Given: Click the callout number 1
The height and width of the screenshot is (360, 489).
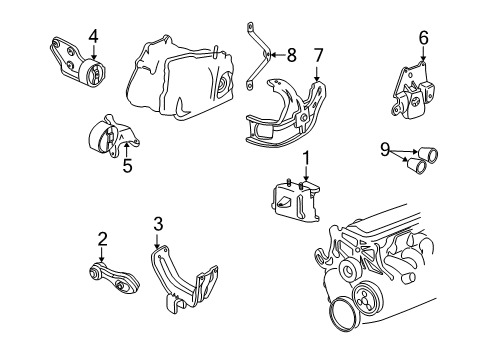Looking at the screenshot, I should coord(307,156).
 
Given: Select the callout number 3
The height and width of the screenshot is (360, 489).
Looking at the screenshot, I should coord(158,223).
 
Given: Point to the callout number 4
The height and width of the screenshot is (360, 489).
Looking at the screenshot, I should coord(92,37).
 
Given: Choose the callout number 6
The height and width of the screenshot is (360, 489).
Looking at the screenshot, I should coord(423,37).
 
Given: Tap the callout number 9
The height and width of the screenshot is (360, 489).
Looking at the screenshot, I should coord(385,151).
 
